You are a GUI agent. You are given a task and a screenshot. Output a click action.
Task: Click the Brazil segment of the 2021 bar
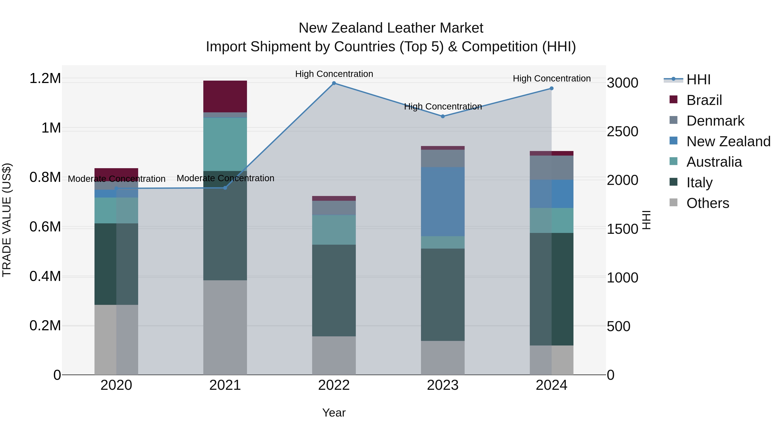[225, 96]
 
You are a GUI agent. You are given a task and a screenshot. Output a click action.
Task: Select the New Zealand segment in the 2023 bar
[443, 201]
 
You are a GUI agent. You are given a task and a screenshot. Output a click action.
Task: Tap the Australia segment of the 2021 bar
[225, 144]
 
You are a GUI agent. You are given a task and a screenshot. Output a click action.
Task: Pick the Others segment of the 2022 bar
[334, 355]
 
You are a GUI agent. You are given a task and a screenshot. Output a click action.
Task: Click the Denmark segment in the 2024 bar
[551, 168]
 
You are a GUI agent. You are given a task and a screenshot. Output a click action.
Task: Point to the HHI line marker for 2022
[334, 83]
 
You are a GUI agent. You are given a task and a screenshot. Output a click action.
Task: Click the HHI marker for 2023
[443, 116]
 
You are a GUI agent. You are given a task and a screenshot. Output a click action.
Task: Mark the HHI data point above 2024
[551, 88]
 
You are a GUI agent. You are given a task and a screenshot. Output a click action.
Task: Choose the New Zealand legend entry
[728, 141]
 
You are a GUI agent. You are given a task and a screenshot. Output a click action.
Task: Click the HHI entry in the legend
[698, 80]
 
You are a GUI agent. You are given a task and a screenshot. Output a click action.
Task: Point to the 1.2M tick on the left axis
[45, 78]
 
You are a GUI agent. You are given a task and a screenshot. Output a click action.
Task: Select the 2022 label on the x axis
[334, 385]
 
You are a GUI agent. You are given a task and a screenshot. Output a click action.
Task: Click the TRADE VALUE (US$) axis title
[7, 220]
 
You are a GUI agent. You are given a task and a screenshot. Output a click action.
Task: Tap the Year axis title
[334, 413]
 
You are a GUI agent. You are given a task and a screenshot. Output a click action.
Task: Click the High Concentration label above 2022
[334, 74]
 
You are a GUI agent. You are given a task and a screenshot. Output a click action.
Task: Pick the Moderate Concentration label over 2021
[225, 178]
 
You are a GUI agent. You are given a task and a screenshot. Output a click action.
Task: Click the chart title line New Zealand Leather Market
[391, 28]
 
